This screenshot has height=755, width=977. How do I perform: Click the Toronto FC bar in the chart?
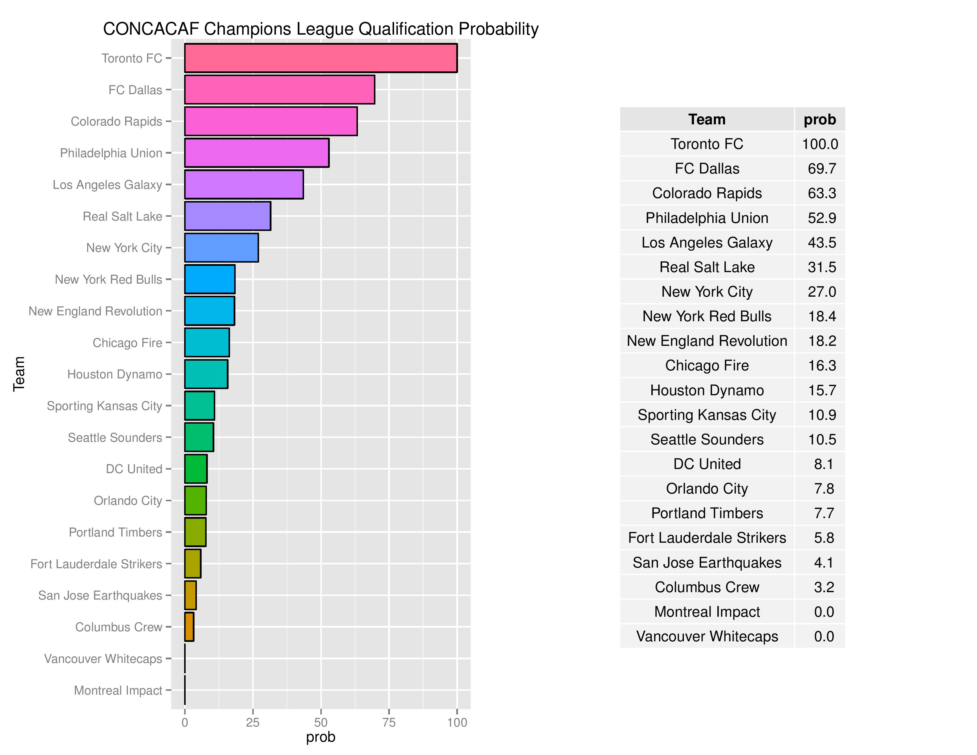320,58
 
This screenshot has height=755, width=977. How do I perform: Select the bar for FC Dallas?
279,90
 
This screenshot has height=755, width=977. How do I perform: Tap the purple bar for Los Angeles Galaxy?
244,184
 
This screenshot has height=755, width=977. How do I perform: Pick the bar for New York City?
221,247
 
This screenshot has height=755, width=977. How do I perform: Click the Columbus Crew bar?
189,627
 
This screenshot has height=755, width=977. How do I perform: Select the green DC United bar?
196,469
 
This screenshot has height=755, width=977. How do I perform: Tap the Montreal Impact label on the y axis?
118,690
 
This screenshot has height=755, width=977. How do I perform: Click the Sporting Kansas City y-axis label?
104,406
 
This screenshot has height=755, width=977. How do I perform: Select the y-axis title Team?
19,374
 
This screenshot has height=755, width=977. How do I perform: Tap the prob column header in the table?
819,119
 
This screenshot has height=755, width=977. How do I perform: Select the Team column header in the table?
707,119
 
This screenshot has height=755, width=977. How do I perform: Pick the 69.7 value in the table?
822,169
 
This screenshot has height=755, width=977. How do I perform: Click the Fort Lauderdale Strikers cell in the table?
707,538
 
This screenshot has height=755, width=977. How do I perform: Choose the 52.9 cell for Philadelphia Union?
822,218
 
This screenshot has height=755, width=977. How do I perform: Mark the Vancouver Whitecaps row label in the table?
707,636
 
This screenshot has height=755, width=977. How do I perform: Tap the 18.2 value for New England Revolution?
822,341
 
